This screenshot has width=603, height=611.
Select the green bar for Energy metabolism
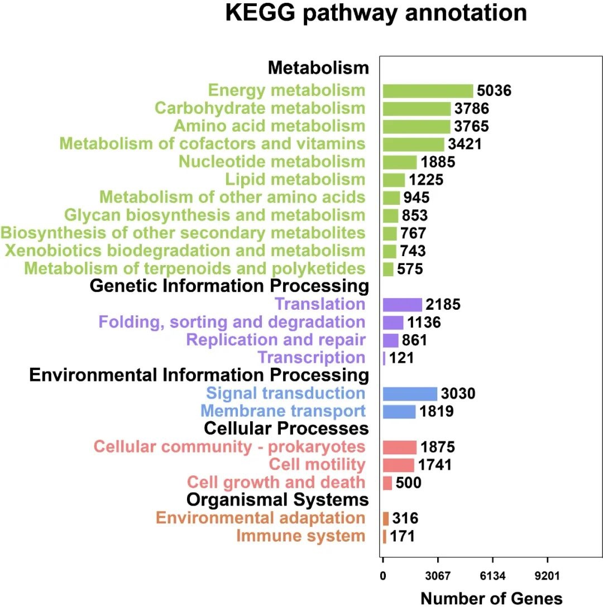coord(428,91)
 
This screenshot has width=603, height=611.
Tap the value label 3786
coord(472,108)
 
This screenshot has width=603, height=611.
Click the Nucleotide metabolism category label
coord(272,162)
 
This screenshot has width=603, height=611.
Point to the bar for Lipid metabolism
coord(394,180)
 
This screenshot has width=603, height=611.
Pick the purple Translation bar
coord(402,305)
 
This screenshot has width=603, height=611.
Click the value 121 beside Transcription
coord(401,358)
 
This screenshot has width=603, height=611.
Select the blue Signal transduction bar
coord(410,393)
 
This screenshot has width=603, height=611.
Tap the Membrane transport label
coord(283,412)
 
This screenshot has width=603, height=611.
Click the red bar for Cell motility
coord(398,465)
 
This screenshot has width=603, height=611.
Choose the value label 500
coord(408,483)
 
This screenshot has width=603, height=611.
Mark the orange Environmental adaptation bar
coord(386,518)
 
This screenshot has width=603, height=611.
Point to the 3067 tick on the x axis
coord(437,575)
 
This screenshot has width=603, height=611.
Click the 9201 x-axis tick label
coord(547,575)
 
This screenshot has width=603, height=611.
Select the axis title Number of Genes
coord(491,599)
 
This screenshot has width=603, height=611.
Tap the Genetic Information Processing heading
coord(229,286)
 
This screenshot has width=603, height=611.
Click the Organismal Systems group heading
coord(277,499)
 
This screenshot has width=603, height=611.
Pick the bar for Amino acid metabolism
coord(417,126)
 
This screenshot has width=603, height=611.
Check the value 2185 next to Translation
coord(443,305)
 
